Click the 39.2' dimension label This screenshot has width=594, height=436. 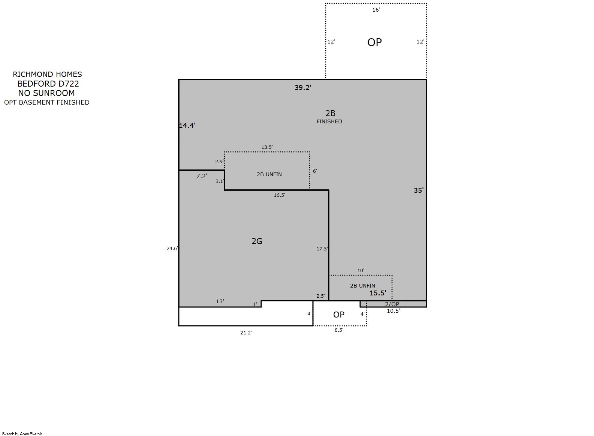(x=303, y=87)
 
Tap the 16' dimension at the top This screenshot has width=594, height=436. (x=376, y=10)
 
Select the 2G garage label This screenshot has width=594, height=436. (x=257, y=241)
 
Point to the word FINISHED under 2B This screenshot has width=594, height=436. (x=329, y=121)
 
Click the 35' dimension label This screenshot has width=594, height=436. (x=419, y=190)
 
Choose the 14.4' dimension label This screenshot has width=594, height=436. (x=187, y=126)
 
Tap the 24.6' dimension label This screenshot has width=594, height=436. (x=172, y=248)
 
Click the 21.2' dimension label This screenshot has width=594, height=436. (x=246, y=333)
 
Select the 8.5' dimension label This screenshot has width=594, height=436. (x=339, y=330)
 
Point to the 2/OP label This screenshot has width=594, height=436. (x=392, y=304)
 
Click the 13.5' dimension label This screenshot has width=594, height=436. (x=267, y=147)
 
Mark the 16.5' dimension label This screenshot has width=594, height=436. (x=280, y=195)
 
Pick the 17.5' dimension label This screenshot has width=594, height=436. (x=322, y=249)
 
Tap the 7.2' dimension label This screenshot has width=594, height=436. (x=202, y=176)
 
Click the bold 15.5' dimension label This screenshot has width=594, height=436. (x=378, y=293)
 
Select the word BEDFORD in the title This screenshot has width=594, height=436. (x=37, y=84)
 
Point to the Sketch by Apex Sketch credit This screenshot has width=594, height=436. (x=22, y=434)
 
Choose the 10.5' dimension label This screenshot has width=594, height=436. (x=393, y=311)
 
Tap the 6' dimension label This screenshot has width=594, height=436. (x=315, y=171)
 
